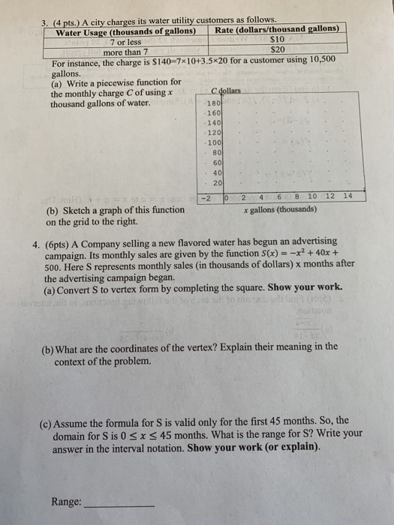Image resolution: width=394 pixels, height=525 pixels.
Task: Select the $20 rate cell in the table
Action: coord(278,49)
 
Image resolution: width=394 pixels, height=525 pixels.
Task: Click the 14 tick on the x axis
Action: coord(347,196)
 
